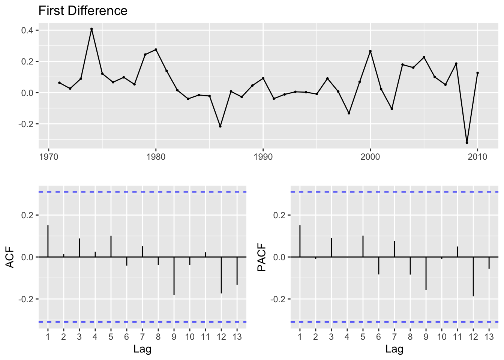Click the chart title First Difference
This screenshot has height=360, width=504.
coord(83,11)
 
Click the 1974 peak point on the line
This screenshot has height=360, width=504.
coord(91,29)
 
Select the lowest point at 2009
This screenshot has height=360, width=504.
coord(467,143)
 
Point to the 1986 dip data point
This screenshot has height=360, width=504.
coord(220,126)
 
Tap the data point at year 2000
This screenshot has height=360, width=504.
coord(370,51)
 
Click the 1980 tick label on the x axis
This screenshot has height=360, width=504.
coord(156,157)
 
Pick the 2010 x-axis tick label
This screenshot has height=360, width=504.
coord(477,157)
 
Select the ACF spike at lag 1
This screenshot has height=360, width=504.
coord(48,241)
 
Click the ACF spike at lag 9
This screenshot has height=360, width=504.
coord(174,276)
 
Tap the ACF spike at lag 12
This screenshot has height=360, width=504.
coord(221,275)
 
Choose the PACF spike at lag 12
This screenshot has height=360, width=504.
coord(473,277)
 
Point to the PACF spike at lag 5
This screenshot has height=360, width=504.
coord(363,246)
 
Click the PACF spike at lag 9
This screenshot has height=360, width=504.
coord(426,273)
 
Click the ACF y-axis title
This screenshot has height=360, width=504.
coord(10,257)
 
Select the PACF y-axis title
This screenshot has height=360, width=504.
coord(262,257)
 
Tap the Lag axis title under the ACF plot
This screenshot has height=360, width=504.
coord(142,349)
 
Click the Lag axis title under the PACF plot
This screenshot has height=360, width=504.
coord(394,349)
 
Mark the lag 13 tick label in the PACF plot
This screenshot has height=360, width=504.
coord(489,336)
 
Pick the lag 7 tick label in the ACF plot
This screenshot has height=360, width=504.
coord(142,336)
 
